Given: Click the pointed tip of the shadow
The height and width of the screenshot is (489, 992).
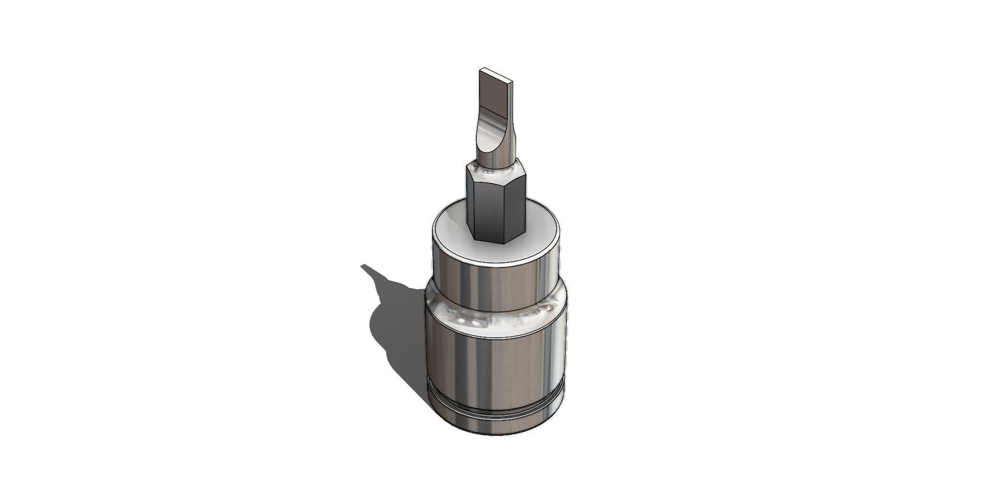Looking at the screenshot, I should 363,266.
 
